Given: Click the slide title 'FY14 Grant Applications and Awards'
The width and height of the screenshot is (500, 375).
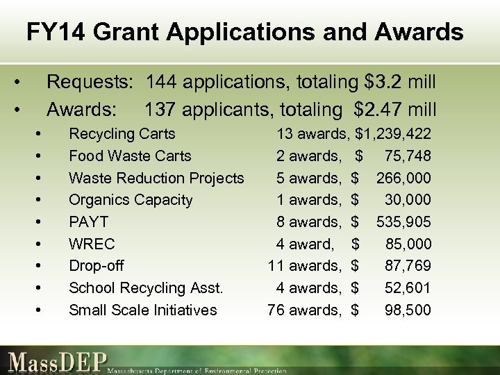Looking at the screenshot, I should (x=244, y=32).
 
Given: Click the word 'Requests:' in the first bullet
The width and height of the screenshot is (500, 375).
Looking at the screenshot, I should (x=90, y=83).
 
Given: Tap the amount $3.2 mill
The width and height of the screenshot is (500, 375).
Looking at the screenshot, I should (x=400, y=83).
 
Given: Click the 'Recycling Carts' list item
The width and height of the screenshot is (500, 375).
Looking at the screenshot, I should (x=122, y=134).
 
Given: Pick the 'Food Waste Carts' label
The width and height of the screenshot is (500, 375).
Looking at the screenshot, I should (x=129, y=156).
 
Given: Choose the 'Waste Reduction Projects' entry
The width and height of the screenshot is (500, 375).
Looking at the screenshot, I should (x=156, y=178).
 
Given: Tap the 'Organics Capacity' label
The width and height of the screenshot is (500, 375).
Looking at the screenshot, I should (x=130, y=200).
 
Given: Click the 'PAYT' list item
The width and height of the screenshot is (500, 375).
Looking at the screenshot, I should (x=88, y=222).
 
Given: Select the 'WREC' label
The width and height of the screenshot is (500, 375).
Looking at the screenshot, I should (x=92, y=244).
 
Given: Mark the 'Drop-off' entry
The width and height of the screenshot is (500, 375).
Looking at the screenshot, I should (x=97, y=266).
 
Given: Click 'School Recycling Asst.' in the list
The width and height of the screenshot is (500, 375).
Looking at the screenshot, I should (x=146, y=288).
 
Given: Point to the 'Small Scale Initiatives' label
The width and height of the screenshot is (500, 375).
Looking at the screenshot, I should (x=142, y=310).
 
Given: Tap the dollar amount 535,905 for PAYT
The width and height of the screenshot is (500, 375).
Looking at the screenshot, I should (x=403, y=222).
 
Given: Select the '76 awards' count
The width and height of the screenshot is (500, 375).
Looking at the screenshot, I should (x=304, y=310).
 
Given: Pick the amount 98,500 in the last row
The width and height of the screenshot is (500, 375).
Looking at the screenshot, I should (x=408, y=310).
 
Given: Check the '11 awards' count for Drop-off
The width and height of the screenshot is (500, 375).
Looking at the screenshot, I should (x=304, y=266).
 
